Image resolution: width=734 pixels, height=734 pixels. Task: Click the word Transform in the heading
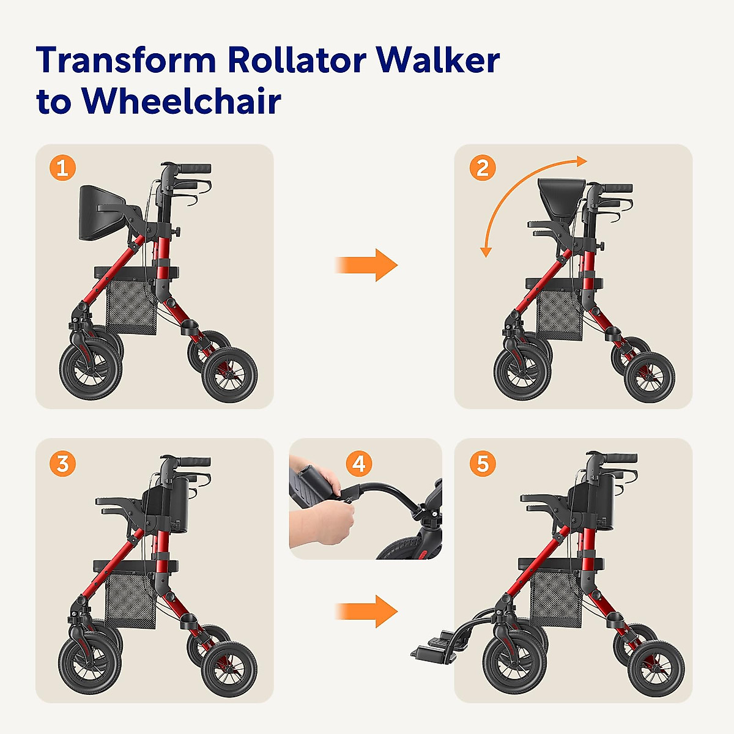point(127,61)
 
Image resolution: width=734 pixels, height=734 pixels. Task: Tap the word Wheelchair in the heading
point(182,101)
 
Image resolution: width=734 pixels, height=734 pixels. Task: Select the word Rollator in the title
point(296,61)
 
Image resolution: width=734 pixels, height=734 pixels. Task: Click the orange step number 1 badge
point(62,168)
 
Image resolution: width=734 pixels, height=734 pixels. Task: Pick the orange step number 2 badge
point(483,168)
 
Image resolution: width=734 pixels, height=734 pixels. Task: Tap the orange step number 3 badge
point(62,464)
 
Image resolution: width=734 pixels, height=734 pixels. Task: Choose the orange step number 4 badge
point(359,464)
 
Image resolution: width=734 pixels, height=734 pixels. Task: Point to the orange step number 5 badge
point(483,464)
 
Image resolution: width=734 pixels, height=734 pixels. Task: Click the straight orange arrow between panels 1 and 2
point(367,265)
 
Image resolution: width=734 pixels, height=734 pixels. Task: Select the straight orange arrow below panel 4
point(367,610)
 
